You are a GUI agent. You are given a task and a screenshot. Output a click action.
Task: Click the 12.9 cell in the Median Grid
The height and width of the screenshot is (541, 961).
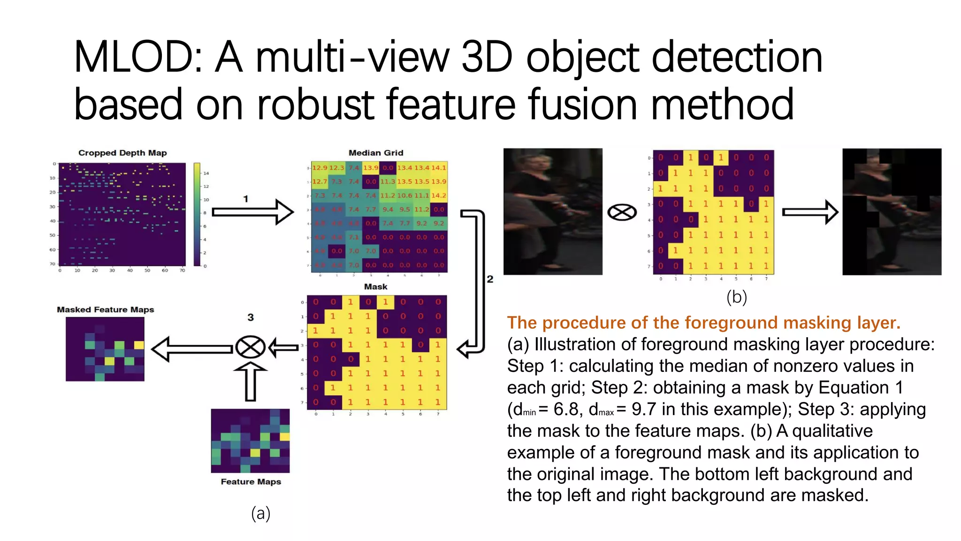click(320, 168)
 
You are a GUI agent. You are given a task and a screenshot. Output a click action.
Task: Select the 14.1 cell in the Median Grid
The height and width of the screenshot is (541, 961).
click(439, 168)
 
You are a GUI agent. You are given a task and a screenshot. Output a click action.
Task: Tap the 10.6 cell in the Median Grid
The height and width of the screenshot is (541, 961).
click(404, 195)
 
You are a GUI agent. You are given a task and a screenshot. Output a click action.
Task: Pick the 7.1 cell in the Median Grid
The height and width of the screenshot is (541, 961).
click(354, 237)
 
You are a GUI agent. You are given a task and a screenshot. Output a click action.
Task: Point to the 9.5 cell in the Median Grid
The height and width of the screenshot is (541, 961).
click(404, 209)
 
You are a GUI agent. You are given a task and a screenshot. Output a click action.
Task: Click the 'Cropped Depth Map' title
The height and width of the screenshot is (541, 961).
click(122, 153)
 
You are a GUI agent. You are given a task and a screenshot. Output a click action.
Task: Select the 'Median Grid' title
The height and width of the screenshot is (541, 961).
click(376, 153)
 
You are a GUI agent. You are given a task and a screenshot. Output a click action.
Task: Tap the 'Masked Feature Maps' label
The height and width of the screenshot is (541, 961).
click(106, 309)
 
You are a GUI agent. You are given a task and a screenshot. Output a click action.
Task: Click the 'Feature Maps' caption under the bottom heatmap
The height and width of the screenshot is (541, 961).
click(251, 482)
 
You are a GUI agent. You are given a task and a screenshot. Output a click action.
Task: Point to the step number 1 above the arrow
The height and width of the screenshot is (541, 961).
click(245, 199)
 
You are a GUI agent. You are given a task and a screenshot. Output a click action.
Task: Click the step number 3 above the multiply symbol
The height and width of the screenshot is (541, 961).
click(251, 317)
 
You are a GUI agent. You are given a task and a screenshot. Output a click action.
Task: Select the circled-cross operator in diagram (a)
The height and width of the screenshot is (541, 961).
click(250, 348)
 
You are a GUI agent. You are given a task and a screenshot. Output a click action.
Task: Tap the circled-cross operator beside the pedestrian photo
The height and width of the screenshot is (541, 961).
click(622, 212)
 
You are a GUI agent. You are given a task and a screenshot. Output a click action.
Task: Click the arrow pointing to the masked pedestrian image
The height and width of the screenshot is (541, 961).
click(810, 212)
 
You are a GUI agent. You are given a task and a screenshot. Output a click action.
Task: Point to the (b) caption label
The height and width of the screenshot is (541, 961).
click(737, 297)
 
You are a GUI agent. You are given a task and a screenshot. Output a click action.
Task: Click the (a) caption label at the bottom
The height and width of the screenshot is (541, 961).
click(261, 513)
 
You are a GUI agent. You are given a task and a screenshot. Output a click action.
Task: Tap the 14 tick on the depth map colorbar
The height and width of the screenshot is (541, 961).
click(206, 173)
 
